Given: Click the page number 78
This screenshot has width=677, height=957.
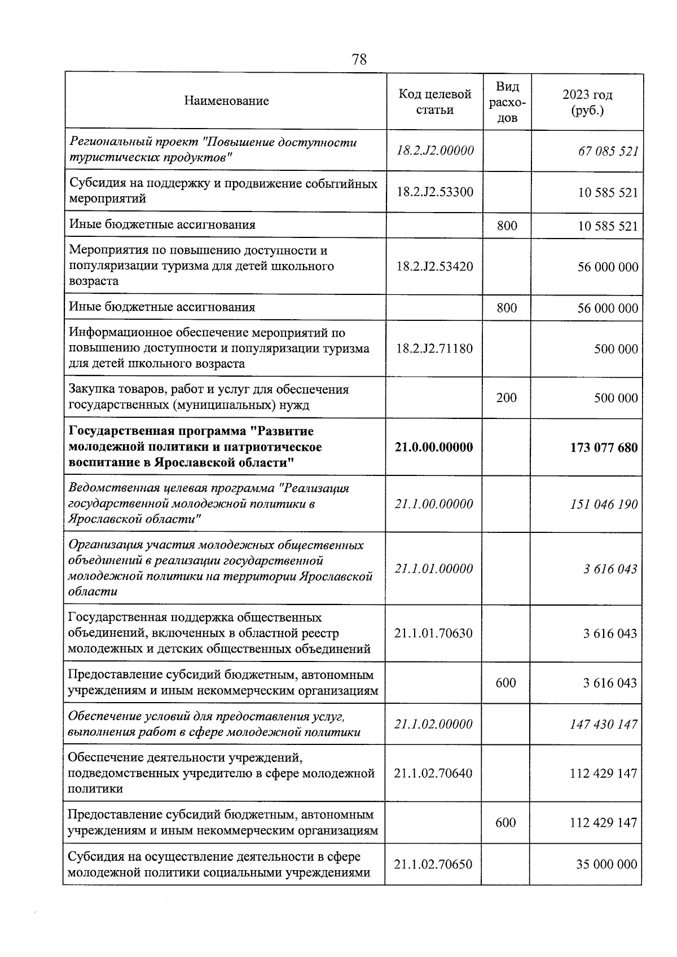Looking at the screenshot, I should (359, 59).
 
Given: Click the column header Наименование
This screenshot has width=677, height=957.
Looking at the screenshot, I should (226, 102).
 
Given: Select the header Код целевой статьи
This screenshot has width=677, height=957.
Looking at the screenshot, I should (434, 102).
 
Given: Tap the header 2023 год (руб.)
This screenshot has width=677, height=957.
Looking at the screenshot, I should (587, 102).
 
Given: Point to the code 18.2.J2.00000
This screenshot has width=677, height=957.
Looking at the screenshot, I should (434, 151).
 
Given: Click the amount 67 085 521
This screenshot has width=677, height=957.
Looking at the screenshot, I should (608, 151).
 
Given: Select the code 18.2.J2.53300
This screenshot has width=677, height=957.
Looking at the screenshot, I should (434, 192).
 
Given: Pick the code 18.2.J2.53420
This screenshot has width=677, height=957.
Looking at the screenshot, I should (434, 266).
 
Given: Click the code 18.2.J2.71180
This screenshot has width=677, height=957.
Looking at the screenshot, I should (434, 349).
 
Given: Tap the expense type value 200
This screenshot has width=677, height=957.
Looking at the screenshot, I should (506, 398).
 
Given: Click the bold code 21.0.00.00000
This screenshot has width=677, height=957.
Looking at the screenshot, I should (434, 447).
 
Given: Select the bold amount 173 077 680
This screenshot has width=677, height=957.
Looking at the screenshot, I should (604, 448).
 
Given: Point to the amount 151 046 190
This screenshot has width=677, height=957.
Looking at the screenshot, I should (604, 504).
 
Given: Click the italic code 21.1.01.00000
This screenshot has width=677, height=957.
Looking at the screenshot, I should (434, 568).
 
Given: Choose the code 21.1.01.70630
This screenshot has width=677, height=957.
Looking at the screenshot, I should (433, 633).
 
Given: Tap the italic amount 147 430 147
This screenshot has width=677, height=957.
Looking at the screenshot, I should (603, 724).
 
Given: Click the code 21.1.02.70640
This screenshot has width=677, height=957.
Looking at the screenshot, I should (433, 773).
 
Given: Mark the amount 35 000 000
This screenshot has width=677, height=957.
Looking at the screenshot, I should (606, 865).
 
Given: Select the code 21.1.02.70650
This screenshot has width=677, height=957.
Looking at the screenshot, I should (433, 865).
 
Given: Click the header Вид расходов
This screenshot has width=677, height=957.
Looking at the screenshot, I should (507, 102).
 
